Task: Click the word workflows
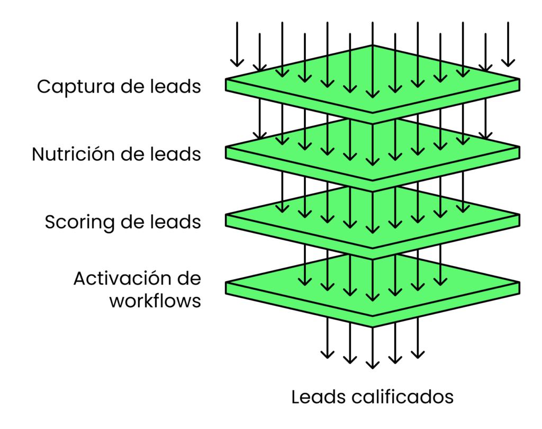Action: [155, 301]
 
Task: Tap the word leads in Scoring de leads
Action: [178, 222]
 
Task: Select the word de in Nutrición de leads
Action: [132, 154]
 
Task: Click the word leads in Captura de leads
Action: [178, 86]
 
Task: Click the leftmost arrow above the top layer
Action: [237, 45]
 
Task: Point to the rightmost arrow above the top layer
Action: [508, 45]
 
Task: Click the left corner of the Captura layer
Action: [228, 85]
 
